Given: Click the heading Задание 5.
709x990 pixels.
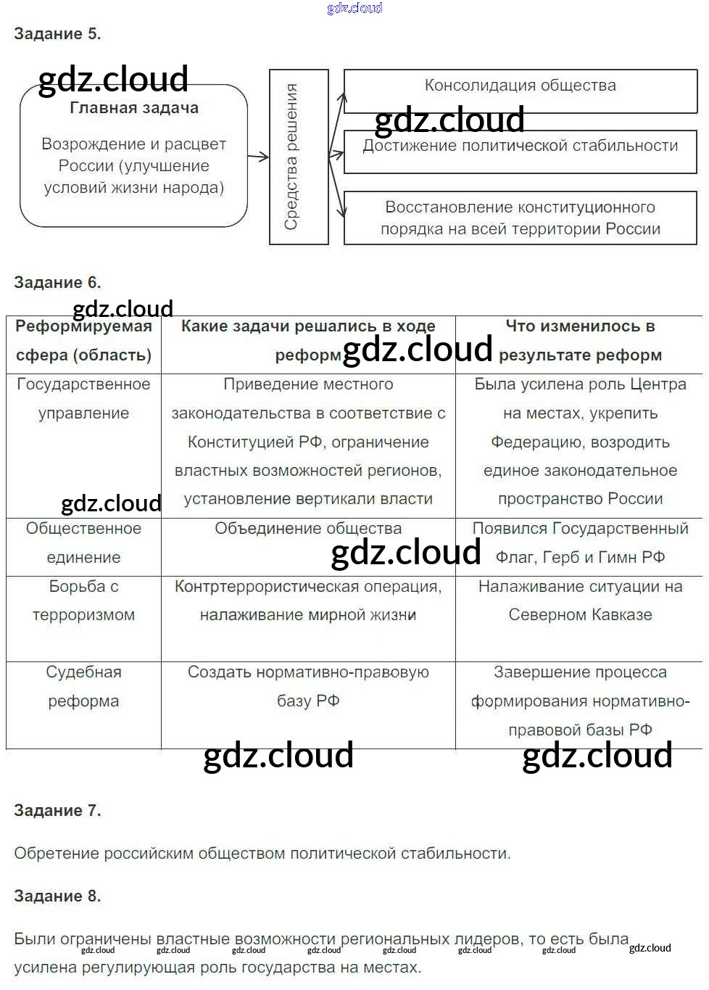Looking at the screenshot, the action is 57,34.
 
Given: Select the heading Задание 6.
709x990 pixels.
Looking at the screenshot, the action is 57,282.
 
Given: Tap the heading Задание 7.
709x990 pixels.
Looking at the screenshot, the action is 57,811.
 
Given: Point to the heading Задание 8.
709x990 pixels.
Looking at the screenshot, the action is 57,896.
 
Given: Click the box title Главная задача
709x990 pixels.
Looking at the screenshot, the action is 134,108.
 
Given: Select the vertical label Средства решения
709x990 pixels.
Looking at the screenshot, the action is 291,157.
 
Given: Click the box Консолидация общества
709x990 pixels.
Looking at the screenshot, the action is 521,91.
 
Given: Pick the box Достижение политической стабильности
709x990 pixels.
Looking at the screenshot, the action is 521,152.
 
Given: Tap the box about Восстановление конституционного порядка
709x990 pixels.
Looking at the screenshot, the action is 521,218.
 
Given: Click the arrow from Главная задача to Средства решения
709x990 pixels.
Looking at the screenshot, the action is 258,157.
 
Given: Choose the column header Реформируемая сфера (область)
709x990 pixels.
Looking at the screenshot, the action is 83,341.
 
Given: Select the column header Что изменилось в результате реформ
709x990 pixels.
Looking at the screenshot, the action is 580,341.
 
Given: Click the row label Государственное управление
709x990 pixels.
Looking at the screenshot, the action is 83,399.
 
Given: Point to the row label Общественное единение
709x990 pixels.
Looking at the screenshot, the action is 83,543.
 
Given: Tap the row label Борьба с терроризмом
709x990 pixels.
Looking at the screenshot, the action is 83,601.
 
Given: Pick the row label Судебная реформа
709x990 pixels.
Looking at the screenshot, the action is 83,686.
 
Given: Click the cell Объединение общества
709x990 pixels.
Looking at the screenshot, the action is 308,529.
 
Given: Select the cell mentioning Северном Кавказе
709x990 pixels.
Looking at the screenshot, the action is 580,601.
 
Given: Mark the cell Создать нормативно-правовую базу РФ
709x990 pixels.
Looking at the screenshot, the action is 308,686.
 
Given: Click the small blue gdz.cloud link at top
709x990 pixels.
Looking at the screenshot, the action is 354,8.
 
